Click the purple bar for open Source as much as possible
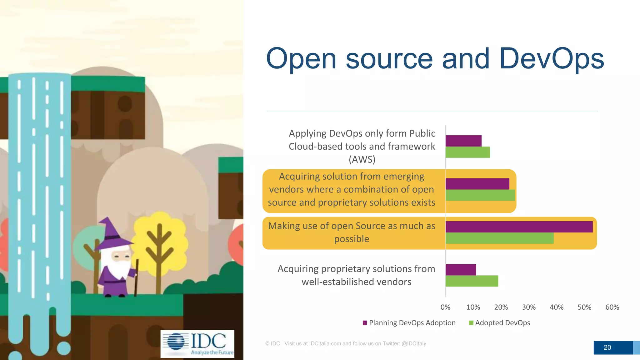point(519,227)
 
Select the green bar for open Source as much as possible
point(499,238)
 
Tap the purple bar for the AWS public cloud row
point(463,141)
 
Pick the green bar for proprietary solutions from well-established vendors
point(472,281)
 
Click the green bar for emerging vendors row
point(480,195)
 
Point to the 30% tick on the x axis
point(529,307)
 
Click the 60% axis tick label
point(612,307)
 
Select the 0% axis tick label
point(445,307)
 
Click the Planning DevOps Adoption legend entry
point(409,323)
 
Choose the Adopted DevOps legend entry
point(499,323)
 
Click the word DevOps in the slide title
point(552,59)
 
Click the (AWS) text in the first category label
point(362,159)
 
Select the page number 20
point(607,347)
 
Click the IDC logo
point(197,344)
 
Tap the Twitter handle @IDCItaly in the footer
point(414,343)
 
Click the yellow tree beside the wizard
point(160,237)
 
